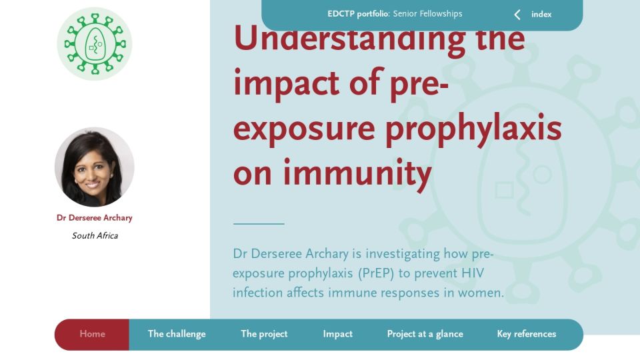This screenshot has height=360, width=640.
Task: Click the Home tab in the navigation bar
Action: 92,334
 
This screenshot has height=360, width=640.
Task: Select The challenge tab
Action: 177,334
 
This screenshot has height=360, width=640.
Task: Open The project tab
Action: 264,334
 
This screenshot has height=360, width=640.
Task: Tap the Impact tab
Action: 337,334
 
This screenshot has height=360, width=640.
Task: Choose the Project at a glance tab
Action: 425,334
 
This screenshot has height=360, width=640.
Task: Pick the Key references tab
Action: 527,334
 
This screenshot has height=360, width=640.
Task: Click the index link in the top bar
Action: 541,14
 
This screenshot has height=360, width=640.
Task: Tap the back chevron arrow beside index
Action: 517,15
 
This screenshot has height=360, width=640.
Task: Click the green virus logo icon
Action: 94,44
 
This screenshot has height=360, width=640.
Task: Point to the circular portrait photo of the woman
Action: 94,167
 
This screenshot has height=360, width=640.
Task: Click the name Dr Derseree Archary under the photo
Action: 94,217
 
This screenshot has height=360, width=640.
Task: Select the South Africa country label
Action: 95,235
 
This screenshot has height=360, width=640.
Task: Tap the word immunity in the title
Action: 357,173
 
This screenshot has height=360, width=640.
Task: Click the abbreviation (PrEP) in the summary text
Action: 376,273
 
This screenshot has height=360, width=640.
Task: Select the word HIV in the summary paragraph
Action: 473,273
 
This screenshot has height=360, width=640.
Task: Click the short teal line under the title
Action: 259,224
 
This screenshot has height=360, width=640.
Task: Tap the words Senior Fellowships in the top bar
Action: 428,14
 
